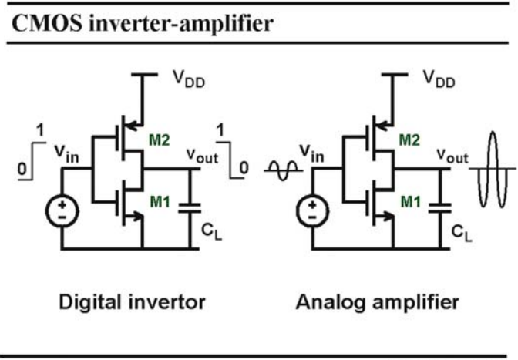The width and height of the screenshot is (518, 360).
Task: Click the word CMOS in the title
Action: click(x=47, y=23)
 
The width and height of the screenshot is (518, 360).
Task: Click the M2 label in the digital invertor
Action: click(x=160, y=140)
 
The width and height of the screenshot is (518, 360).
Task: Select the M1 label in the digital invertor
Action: click(x=160, y=201)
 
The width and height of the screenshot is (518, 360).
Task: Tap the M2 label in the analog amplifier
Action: click(x=409, y=140)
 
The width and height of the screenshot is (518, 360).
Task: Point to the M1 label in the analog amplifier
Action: click(x=411, y=201)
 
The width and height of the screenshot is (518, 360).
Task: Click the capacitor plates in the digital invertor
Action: click(x=190, y=208)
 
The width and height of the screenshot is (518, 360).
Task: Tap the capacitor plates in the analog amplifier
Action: click(x=439, y=208)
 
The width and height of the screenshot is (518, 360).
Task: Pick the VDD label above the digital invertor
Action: click(x=189, y=79)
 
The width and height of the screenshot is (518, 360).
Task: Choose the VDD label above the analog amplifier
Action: click(x=439, y=79)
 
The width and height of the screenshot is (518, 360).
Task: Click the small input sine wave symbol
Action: click(x=284, y=170)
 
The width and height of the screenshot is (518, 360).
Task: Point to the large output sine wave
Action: click(x=493, y=169)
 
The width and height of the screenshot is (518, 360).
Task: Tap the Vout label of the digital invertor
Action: click(x=202, y=156)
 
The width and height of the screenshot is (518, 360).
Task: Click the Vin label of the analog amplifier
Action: click(x=311, y=154)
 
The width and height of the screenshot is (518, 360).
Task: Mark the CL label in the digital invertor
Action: click(x=211, y=232)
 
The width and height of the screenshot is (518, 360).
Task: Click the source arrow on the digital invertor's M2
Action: click(x=133, y=126)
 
